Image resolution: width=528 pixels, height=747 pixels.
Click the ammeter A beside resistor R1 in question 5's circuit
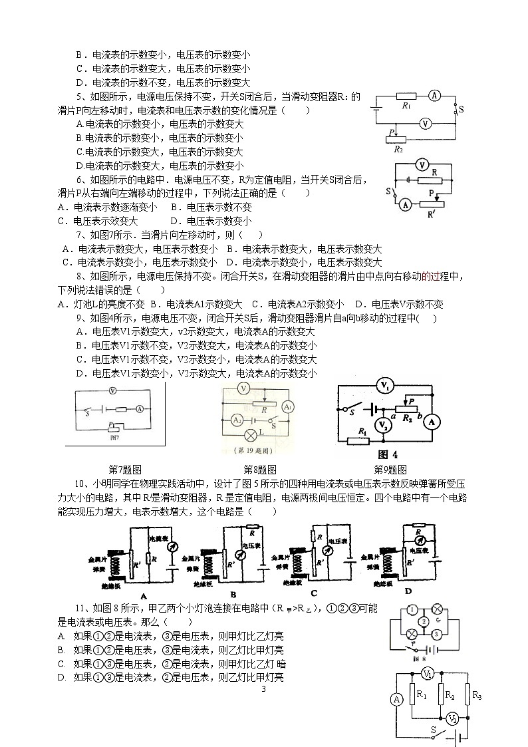[434, 96]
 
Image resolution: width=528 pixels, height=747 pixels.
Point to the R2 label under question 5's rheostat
[398, 149]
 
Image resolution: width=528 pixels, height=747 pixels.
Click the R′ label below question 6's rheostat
[430, 214]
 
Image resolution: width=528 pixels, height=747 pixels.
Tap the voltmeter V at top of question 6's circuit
[420, 164]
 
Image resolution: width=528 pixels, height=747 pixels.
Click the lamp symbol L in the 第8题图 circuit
[251, 436]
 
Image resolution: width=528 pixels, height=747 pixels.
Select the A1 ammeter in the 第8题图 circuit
[287, 406]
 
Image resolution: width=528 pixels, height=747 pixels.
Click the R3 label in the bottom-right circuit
[476, 695]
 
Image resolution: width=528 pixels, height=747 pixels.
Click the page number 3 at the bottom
[263, 688]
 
